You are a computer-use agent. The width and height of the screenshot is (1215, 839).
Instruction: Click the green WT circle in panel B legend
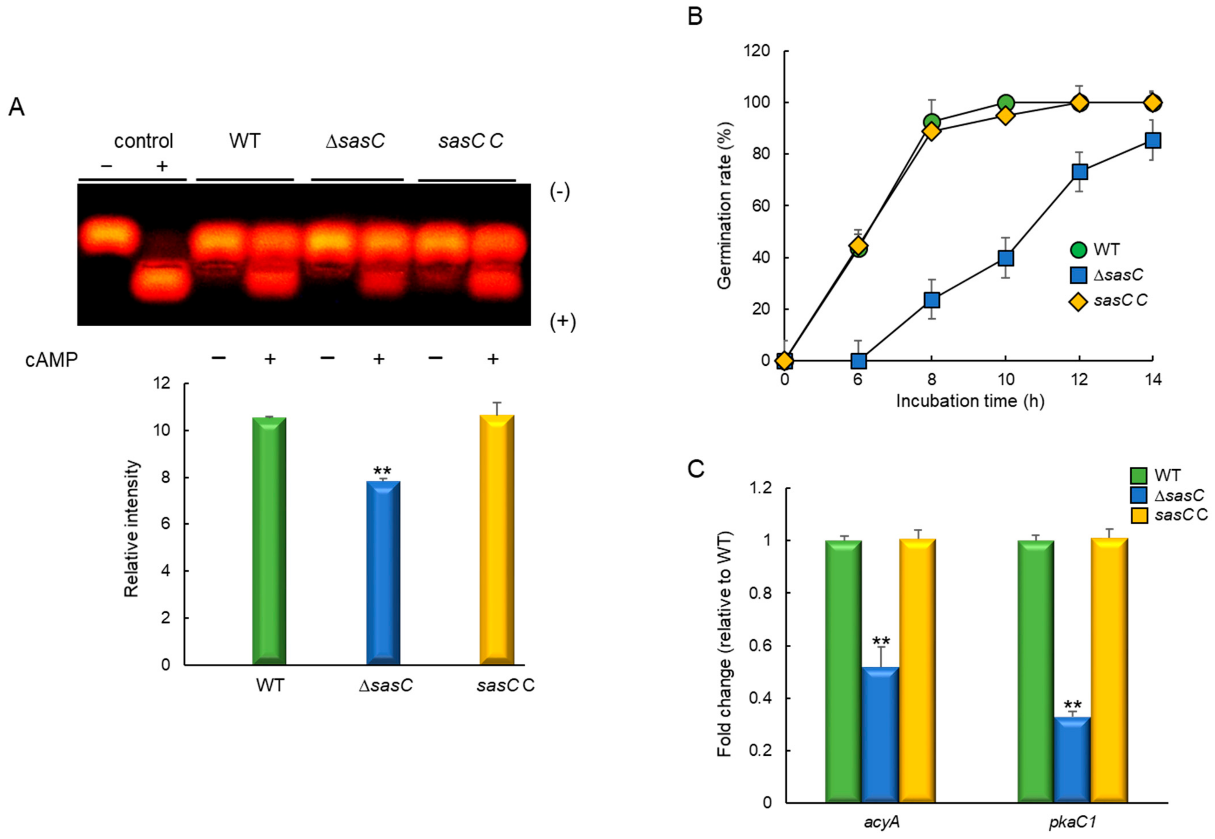click(x=1078, y=249)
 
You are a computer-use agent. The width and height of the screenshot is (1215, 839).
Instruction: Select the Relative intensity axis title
click(x=132, y=528)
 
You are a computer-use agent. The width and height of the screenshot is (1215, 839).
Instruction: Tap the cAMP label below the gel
click(x=52, y=360)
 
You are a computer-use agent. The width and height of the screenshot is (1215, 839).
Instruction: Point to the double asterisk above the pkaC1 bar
click(x=1073, y=705)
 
